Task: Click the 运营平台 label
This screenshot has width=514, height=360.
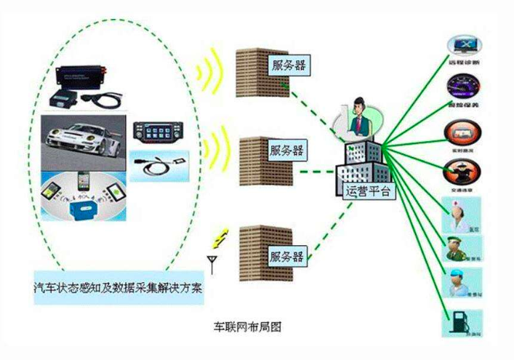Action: [366, 191]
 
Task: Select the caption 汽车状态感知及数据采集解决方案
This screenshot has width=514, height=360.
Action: [119, 285]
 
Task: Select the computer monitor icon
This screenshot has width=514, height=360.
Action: [463, 47]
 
